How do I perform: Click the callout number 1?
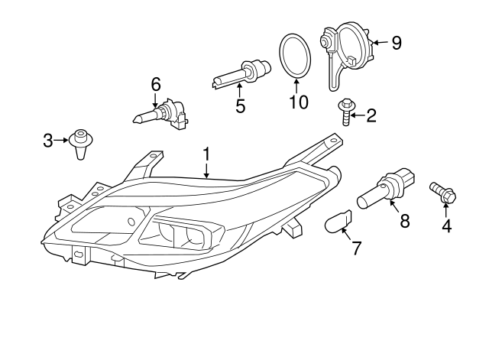coord(206,155)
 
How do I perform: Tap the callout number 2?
coord(371,115)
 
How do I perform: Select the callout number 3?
coord(48,140)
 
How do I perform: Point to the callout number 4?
coord(446,225)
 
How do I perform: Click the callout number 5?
coord(240,106)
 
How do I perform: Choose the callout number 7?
coord(355,248)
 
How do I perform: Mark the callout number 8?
coord(404,221)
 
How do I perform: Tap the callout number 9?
coord(396,42)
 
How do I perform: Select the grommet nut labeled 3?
coord(79,142)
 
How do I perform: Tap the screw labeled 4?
coord(442,191)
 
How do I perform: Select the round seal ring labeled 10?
coord(295,56)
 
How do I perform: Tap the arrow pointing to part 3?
coord(61,140)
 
